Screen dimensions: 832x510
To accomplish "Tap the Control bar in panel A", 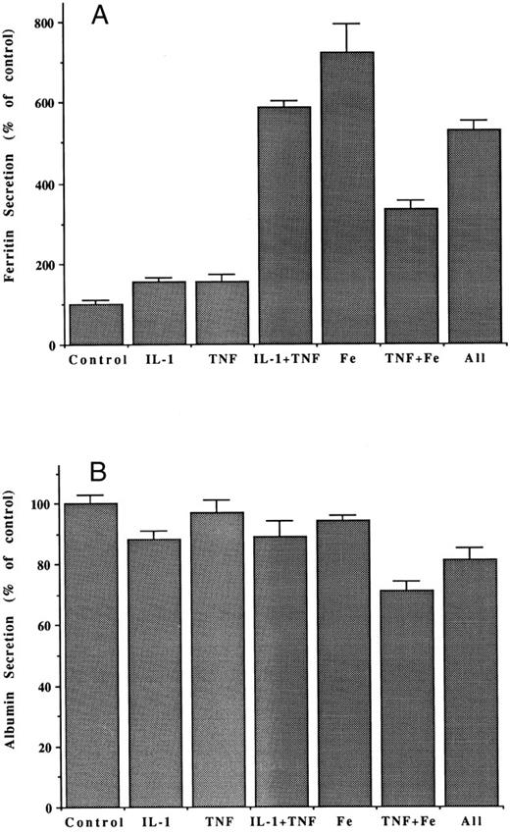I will (96, 325).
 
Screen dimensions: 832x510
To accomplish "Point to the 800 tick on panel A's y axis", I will (42, 22).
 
